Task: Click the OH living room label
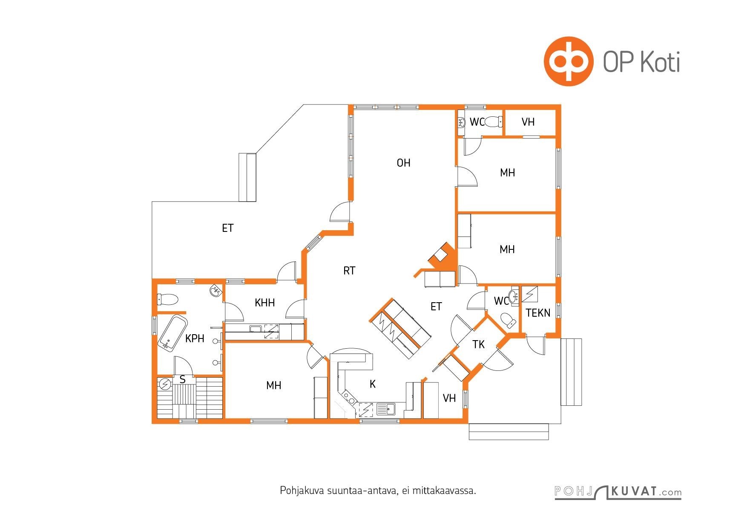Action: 403,163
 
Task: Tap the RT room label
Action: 349,271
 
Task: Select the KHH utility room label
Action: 264,303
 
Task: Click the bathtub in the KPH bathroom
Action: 172,334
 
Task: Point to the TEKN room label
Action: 538,313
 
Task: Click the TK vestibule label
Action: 478,344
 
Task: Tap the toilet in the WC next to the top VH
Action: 494,122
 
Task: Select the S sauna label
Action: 183,379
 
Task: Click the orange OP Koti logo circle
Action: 568,61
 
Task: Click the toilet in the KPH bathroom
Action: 168,299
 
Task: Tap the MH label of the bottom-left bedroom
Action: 273,385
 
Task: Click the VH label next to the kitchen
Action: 449,398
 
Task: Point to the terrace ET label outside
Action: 228,228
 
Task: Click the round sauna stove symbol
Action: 165,384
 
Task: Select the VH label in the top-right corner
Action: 528,122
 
